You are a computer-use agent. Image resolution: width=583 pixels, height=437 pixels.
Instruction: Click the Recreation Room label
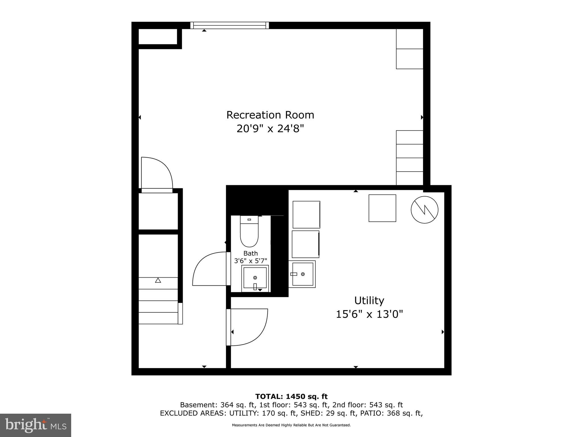click(x=270, y=115)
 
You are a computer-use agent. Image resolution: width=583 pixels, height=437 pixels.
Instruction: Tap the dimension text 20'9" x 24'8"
click(x=270, y=129)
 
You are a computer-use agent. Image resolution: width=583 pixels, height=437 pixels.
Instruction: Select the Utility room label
click(x=369, y=300)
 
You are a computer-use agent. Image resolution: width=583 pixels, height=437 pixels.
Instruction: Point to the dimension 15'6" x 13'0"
click(x=369, y=314)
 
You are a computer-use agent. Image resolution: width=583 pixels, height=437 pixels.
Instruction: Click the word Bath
click(x=251, y=253)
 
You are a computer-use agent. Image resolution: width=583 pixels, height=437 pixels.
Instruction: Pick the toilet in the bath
click(x=249, y=232)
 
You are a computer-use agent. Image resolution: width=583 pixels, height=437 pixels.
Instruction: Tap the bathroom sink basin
click(x=255, y=278)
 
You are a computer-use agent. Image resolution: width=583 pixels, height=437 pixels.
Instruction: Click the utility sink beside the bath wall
click(x=303, y=274)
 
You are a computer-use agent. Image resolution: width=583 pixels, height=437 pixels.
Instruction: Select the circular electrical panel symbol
click(x=424, y=210)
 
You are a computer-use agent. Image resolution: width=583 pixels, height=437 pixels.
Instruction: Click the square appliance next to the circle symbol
click(x=382, y=208)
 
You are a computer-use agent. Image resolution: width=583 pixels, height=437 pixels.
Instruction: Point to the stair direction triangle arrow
click(x=158, y=280)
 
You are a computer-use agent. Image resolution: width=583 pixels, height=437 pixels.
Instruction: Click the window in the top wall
click(x=229, y=25)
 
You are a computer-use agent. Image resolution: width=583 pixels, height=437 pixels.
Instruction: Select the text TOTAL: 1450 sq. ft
click(x=291, y=396)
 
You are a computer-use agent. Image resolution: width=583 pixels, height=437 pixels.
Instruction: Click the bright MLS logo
click(x=36, y=425)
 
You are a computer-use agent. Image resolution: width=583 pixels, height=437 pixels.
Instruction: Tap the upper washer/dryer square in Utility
click(x=306, y=215)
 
